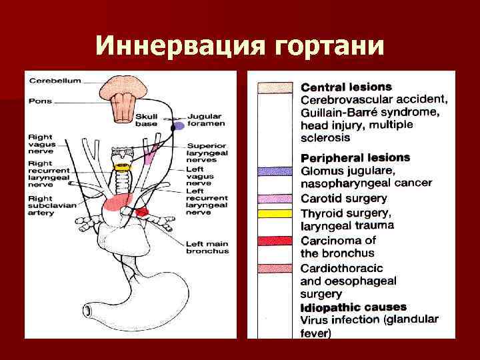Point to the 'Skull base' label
(x=147, y=119)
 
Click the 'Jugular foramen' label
(x=206, y=119)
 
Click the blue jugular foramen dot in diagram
(x=179, y=126)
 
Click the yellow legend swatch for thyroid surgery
(x=275, y=213)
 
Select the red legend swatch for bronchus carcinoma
(x=275, y=240)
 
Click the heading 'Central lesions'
(x=346, y=87)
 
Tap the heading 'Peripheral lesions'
(x=355, y=159)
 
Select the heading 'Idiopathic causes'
(x=353, y=307)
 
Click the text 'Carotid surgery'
(x=343, y=198)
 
